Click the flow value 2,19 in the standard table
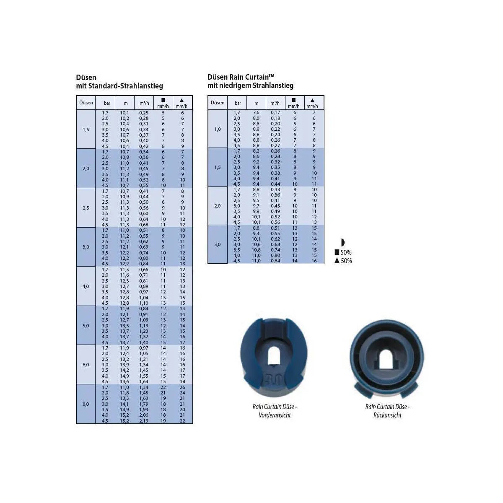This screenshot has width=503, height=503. (144, 421)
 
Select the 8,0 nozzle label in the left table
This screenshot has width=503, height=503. (86, 404)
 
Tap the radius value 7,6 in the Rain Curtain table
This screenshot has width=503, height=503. (257, 112)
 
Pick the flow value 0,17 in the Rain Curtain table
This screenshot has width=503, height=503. (275, 112)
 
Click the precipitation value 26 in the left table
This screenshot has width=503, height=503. (182, 387)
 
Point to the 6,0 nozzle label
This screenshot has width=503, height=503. (86, 365)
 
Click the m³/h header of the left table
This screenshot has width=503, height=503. (144, 103)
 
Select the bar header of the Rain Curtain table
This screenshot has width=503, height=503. (238, 103)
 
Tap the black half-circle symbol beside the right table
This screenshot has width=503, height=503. (343, 243)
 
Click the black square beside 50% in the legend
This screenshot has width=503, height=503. (337, 252)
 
